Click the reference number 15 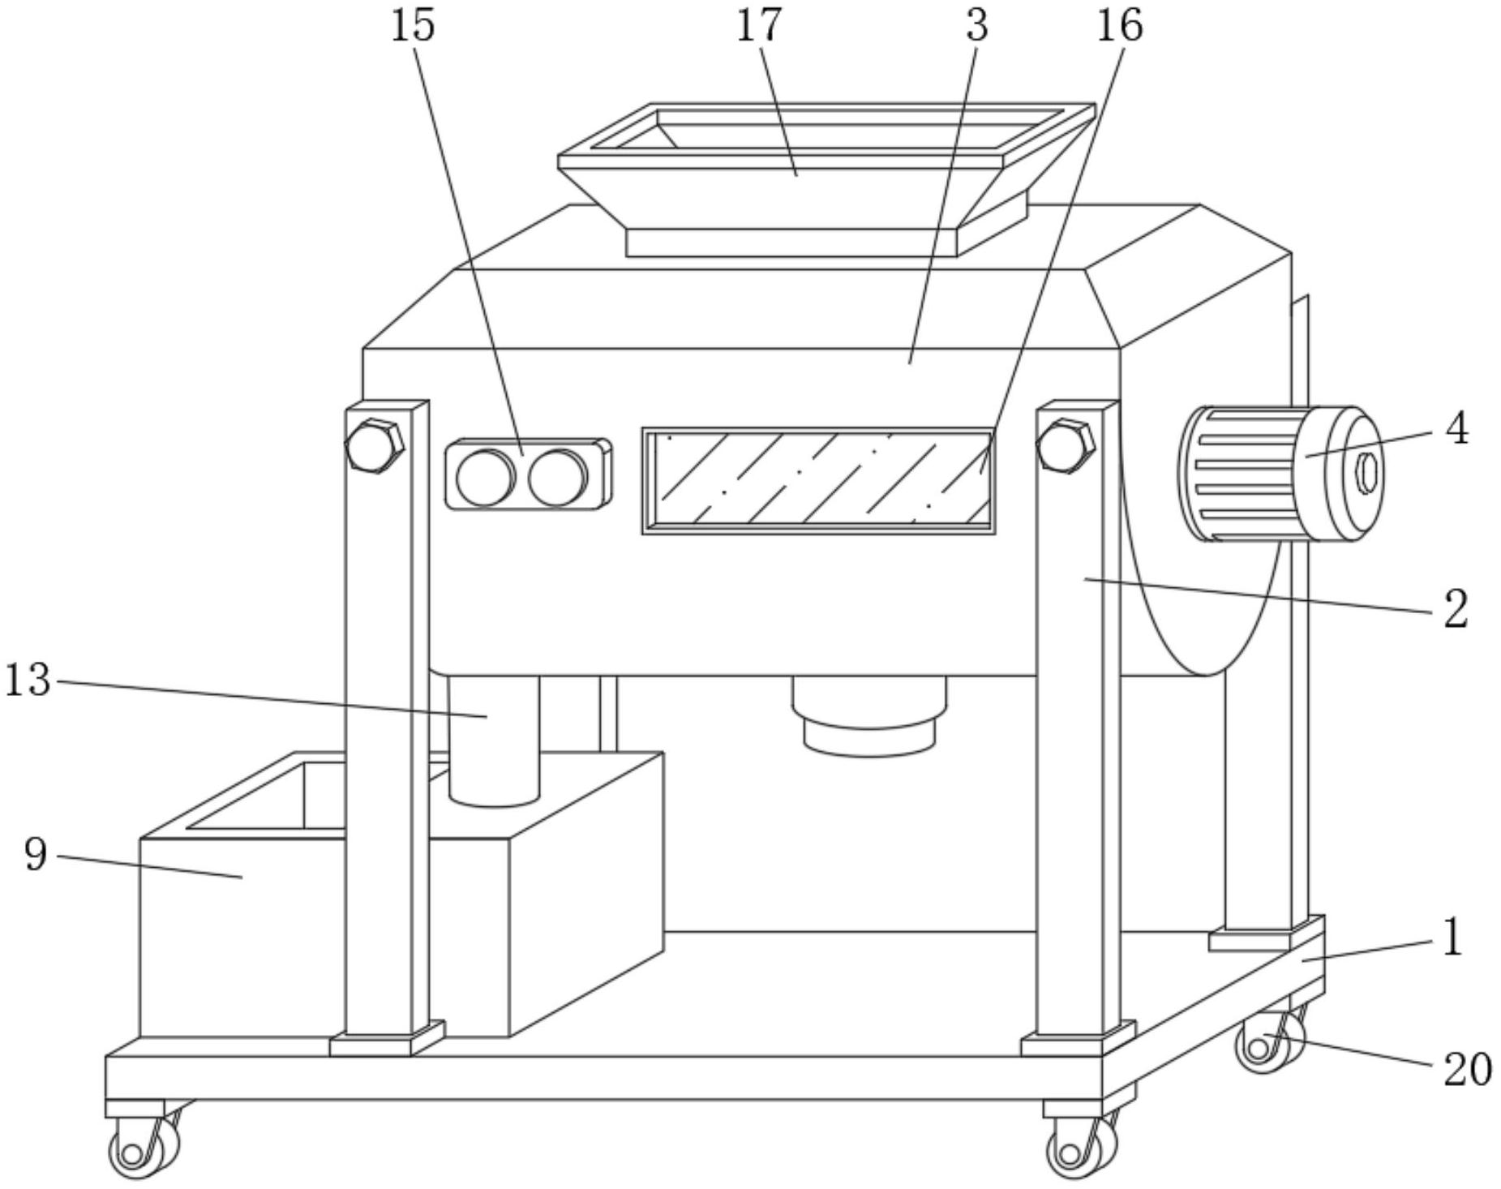[x=413, y=25]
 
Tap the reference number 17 [x=759, y=25]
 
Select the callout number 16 [x=1120, y=25]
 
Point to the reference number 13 [x=28, y=679]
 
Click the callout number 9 [x=36, y=853]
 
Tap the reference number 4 [x=1457, y=428]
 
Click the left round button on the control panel [x=485, y=476]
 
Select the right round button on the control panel [x=558, y=476]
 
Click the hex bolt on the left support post [x=375, y=445]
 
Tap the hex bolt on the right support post [x=1066, y=445]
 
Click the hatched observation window [x=819, y=481]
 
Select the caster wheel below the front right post [x=1081, y=1147]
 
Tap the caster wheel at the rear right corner [x=1270, y=1042]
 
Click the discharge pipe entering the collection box [x=494, y=740]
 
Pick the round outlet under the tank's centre [x=869, y=716]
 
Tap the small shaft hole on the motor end [x=1367, y=473]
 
